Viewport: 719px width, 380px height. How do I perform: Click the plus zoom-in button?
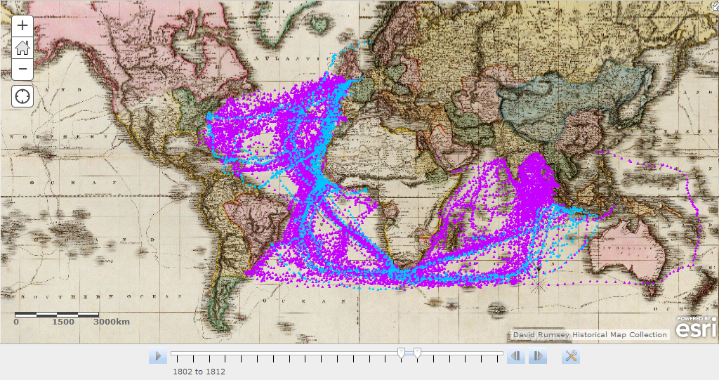click(23, 25)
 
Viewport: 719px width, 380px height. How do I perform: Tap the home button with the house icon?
click(23, 47)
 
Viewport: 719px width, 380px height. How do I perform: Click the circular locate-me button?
click(23, 96)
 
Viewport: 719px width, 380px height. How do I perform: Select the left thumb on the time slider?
click(401, 352)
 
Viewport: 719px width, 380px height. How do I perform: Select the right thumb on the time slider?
click(417, 352)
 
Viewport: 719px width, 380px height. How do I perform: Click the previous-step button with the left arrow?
click(516, 356)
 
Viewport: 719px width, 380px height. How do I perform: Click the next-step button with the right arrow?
click(537, 356)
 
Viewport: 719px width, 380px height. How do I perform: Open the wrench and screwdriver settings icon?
click(572, 356)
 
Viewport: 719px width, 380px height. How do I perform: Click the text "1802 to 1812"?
click(199, 372)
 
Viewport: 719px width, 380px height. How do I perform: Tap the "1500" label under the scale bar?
click(63, 322)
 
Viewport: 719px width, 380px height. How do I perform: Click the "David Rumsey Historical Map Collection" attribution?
click(590, 334)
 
